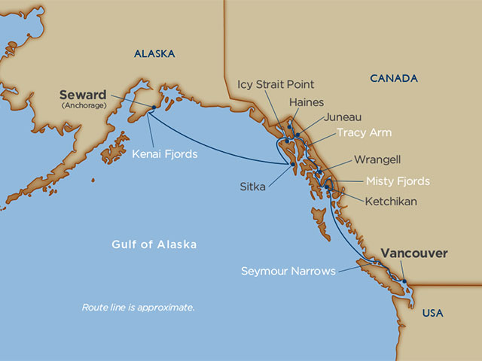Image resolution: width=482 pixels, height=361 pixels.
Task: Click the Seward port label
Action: coord(84,96)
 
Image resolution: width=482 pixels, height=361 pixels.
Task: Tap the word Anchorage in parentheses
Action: coord(83,106)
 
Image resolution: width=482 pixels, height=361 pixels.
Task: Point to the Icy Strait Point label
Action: coord(276,84)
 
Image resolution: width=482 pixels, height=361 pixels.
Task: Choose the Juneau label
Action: coord(343,117)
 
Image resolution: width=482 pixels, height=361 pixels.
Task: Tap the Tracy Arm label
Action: coord(364,132)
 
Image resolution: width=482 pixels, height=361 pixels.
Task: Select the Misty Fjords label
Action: coord(398,181)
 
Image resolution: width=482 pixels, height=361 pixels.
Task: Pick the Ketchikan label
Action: coord(391,202)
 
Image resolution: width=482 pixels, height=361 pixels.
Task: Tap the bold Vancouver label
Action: coord(413,253)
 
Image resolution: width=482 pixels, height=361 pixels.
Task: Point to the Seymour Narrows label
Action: coord(288,271)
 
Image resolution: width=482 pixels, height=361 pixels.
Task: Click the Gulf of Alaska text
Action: coord(154,244)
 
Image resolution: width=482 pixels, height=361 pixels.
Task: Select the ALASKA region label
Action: coord(154,53)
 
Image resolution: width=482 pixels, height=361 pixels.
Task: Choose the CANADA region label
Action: coord(393,78)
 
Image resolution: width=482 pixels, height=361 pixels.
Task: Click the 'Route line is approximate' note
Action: coord(138,308)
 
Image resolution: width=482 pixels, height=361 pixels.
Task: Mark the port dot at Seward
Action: coord(152,108)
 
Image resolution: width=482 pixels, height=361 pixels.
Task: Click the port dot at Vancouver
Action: coord(404,282)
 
